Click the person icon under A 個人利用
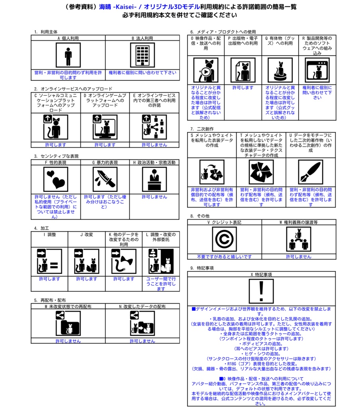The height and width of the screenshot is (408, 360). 68,55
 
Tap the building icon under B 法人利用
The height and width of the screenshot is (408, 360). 142,55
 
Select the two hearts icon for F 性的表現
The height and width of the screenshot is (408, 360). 56,179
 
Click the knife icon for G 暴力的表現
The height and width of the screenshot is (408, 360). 105,179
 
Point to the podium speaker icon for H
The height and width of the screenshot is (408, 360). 155,179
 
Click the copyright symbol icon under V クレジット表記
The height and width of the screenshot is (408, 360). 224,239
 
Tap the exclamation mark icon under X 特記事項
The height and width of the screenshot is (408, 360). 261,291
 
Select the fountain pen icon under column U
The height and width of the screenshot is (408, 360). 311,172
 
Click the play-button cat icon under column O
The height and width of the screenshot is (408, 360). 206,70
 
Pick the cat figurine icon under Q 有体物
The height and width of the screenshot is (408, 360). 280,70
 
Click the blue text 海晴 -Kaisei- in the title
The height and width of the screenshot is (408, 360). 117,7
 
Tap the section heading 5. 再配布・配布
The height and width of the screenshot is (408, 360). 50,300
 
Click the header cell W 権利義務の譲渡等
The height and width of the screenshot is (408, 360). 299,222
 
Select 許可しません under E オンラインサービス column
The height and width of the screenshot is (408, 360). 155,145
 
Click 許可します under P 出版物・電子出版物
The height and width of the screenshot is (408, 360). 243,88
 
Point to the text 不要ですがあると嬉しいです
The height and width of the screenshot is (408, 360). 224,257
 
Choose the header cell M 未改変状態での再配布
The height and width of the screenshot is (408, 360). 68,306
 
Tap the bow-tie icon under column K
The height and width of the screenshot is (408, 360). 124,261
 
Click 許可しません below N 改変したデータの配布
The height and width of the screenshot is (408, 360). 142,341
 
